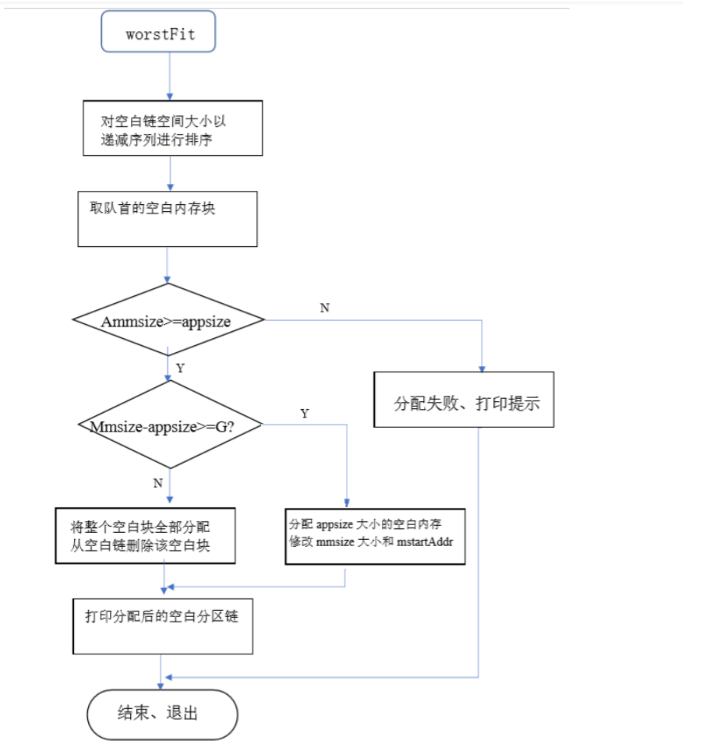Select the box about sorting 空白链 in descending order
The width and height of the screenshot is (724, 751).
pyautogui.click(x=172, y=128)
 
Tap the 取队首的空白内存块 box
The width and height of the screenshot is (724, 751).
pyautogui.click(x=168, y=219)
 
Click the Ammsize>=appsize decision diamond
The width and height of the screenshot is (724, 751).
pyautogui.click(x=168, y=320)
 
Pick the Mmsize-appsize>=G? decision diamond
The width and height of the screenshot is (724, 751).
pyautogui.click(x=170, y=425)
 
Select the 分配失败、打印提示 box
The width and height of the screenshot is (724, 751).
pyautogui.click(x=464, y=400)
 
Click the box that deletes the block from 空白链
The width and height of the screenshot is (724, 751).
pyautogui.click(x=145, y=536)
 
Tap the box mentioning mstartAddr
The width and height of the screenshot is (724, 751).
pyautogui.click(x=375, y=536)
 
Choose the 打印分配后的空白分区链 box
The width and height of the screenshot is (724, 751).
pyautogui.click(x=163, y=626)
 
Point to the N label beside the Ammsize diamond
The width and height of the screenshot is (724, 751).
pyautogui.click(x=324, y=308)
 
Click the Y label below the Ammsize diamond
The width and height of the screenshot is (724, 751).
pyautogui.click(x=181, y=368)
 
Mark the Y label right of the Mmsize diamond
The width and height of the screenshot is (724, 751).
pyautogui.click(x=305, y=414)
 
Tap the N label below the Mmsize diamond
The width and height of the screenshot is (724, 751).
pyautogui.click(x=158, y=483)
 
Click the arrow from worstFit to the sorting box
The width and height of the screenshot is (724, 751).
pyautogui.click(x=169, y=76)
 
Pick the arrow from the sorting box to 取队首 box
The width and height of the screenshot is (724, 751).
pyautogui.click(x=169, y=173)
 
